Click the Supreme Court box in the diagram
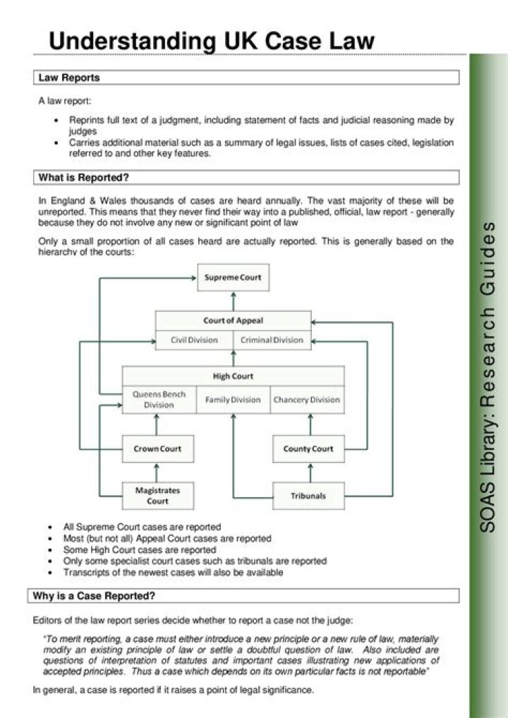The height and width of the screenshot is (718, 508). [x=233, y=277]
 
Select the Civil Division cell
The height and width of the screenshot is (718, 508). [x=194, y=340]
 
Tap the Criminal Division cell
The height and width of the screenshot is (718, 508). [x=272, y=340]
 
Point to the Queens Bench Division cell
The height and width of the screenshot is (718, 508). [x=159, y=399]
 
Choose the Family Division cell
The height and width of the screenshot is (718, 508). [x=233, y=400]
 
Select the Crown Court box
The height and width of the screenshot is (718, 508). [x=158, y=449]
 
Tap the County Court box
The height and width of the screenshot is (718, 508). [x=308, y=449]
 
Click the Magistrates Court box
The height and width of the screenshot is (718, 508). [x=158, y=495]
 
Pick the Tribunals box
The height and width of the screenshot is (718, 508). [x=308, y=496]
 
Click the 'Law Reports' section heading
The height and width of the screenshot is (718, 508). [x=69, y=78]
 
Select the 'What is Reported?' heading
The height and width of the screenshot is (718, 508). [x=83, y=177]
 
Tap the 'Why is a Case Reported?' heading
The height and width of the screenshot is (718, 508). [x=94, y=596]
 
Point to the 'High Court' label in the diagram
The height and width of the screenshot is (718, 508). [x=233, y=376]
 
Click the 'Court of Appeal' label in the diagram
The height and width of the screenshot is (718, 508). [x=233, y=320]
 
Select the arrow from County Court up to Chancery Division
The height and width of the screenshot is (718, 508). [x=309, y=425]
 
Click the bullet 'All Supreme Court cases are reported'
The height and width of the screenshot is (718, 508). [x=142, y=527]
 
